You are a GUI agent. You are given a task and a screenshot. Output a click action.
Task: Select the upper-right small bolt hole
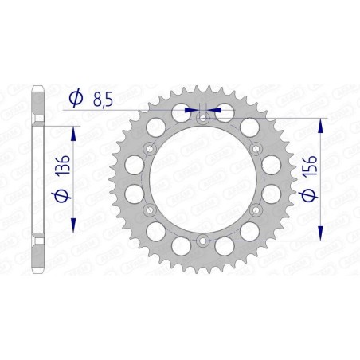256,148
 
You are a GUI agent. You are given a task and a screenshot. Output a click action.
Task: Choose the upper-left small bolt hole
149,148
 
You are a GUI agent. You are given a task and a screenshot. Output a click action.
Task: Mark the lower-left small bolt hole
149,209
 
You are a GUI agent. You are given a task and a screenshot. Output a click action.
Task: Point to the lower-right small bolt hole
256,209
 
